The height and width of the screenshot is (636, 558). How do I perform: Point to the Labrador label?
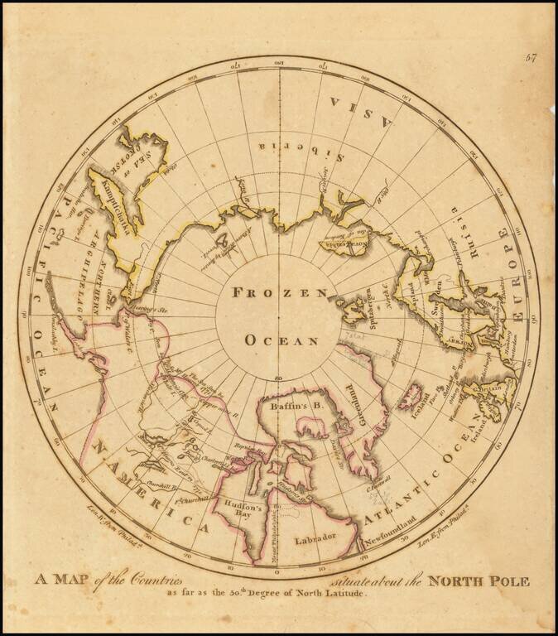pos(316,538)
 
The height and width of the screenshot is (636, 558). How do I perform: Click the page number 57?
pos(532,56)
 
